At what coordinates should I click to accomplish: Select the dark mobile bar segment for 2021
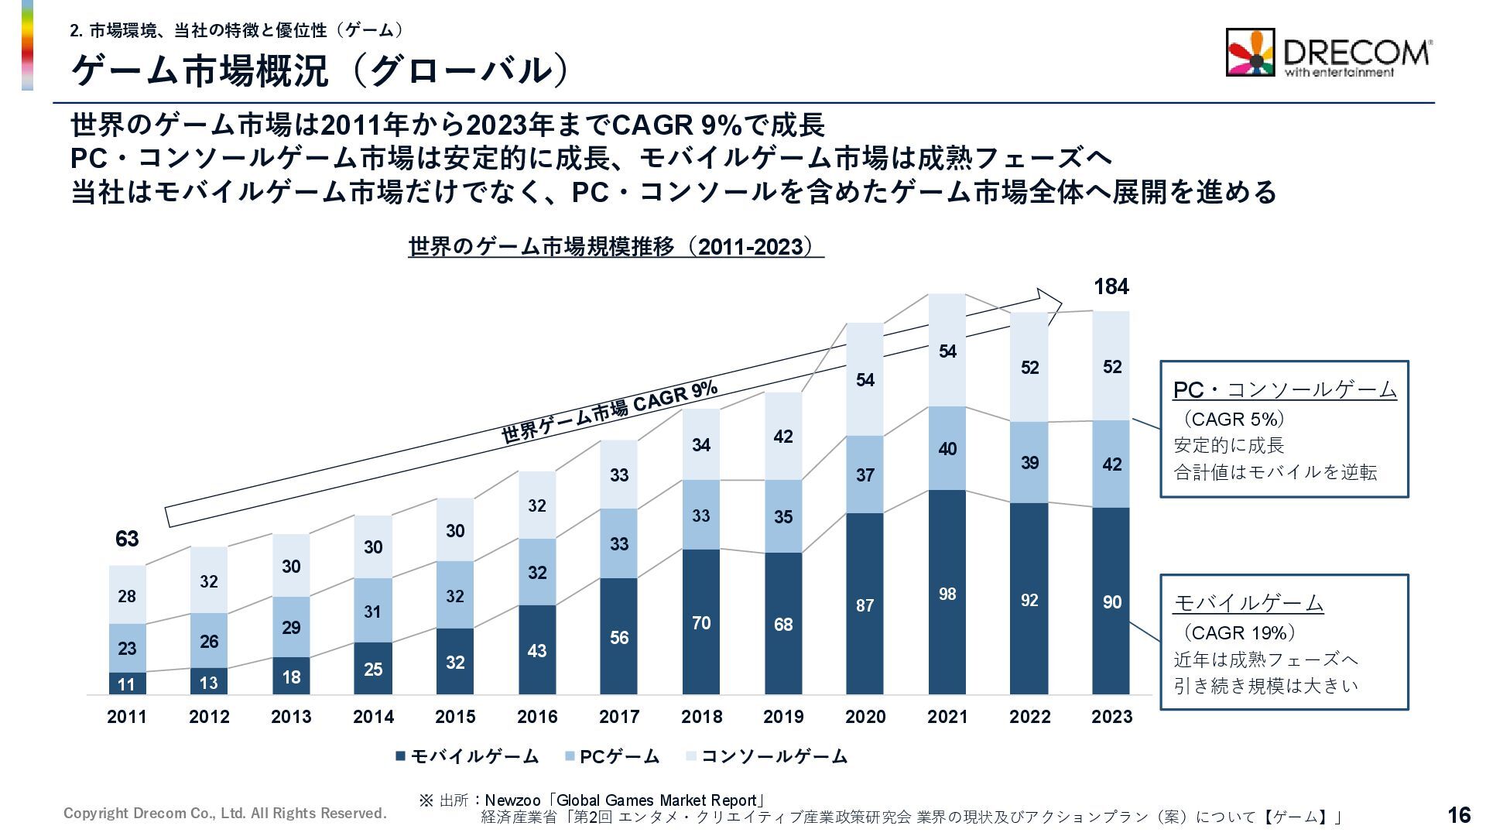(947, 592)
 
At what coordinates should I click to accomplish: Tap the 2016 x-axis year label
(537, 717)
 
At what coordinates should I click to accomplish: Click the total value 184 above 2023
(1111, 287)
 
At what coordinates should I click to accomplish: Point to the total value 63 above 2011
(127, 539)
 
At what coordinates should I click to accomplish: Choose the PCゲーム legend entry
(612, 756)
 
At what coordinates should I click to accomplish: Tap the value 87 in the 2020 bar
(865, 605)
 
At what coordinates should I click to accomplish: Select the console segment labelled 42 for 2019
(783, 437)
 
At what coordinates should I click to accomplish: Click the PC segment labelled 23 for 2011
(127, 648)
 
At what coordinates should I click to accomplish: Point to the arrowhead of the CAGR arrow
(1051, 299)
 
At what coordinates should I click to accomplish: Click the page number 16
(1458, 814)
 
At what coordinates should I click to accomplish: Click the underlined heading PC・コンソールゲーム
(1285, 389)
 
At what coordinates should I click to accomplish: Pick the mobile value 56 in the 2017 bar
(619, 638)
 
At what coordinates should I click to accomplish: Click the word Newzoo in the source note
(512, 800)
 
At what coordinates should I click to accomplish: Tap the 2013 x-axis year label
(291, 717)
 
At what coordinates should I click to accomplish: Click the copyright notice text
(224, 814)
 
